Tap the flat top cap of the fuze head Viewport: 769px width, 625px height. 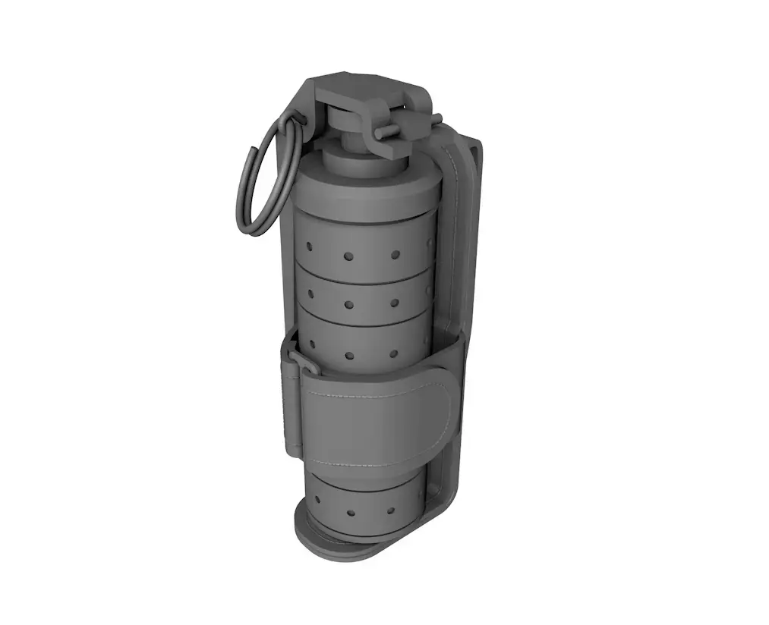[364, 85]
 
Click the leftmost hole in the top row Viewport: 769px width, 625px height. [310, 247]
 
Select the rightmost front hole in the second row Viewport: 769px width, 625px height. [394, 303]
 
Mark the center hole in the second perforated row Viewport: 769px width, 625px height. [349, 305]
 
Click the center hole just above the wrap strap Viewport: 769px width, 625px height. [350, 355]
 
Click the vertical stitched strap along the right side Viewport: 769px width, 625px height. [460, 228]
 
